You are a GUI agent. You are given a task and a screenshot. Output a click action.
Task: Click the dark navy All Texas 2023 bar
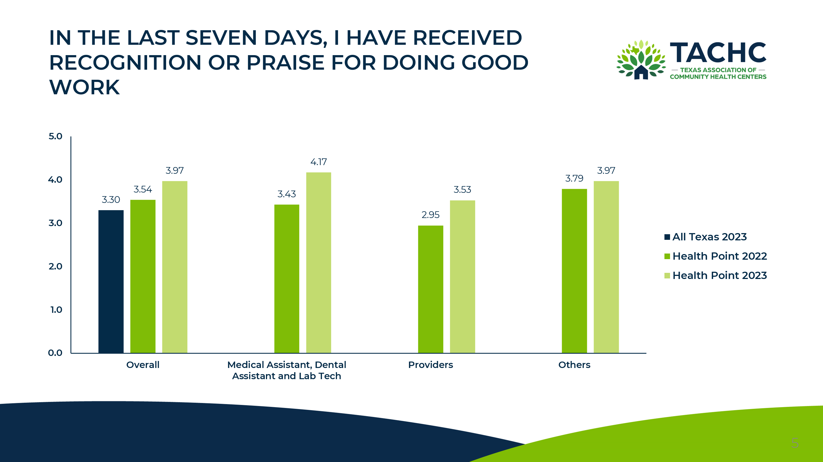point(111,281)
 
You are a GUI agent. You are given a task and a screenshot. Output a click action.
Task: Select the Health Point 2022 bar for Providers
point(430,289)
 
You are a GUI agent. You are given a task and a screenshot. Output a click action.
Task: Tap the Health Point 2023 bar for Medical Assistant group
point(319,262)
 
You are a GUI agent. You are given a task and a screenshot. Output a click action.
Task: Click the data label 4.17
point(319,162)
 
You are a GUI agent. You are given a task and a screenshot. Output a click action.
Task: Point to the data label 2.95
point(430,215)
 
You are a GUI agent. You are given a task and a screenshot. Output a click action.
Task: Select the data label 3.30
point(111,200)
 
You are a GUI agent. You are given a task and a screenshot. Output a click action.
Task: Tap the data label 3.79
point(574,179)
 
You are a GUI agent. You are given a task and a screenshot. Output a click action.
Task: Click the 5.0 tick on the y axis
point(55,137)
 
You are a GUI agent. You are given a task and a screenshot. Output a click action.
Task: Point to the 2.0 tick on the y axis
point(55,266)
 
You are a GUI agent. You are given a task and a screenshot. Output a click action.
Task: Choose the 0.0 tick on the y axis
point(55,353)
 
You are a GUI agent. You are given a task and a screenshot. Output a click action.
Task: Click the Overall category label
point(143,365)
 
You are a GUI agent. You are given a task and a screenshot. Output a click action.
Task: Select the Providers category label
point(430,365)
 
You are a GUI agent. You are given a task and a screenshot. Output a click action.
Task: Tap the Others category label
point(574,365)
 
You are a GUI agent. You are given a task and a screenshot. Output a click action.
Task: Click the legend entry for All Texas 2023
point(709,237)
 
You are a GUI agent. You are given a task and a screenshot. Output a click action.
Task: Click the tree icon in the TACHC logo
point(641,60)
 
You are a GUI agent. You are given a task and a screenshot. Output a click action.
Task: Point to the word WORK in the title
point(85,87)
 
